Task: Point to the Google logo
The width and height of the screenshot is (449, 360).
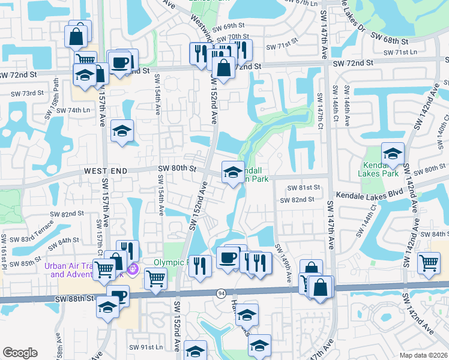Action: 20,353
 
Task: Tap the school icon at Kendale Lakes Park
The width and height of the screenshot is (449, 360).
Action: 393,154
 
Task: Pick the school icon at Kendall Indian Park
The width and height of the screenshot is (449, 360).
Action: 233,173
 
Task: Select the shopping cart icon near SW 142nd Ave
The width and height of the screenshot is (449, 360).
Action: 429,263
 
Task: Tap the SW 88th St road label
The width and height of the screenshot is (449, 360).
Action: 74,298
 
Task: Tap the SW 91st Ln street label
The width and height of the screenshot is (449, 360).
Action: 146,347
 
